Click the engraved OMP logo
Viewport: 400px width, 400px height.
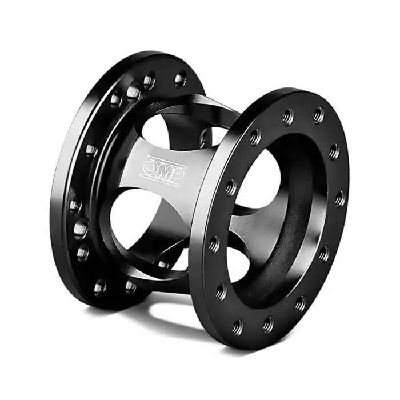click(x=163, y=169)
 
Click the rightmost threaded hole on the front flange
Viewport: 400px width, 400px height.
click(x=339, y=199)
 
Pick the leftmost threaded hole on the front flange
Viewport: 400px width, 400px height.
click(x=214, y=244)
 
